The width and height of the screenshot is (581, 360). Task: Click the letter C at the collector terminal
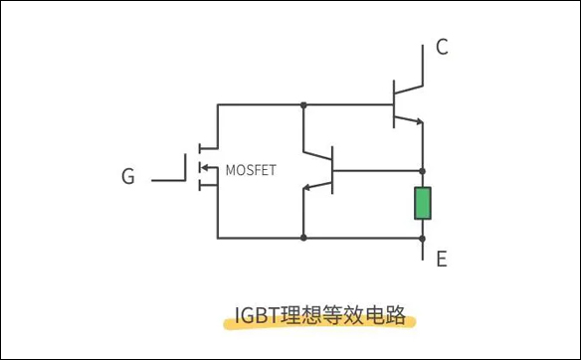442,47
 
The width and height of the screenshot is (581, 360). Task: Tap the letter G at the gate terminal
127,177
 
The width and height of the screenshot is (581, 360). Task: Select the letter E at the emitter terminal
442,260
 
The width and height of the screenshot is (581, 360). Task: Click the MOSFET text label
250,169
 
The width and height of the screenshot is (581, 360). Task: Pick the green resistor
423,203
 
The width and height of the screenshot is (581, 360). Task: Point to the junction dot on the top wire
303,104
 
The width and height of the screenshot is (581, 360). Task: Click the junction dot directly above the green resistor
423,169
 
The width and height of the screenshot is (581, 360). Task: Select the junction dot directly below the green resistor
423,238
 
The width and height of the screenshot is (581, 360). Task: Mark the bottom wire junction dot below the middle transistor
303,238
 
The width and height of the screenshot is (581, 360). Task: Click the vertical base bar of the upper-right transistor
394,104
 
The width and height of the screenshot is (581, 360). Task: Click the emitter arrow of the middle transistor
311,187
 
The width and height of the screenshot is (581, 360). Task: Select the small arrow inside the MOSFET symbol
206,169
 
